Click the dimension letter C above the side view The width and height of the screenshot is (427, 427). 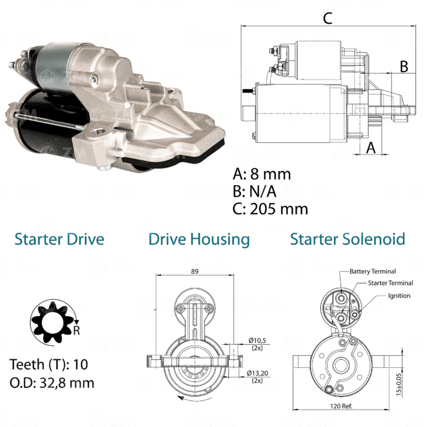[x=328, y=18]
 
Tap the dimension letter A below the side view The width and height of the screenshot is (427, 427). [x=371, y=148]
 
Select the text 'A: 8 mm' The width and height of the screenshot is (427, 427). [x=262, y=174]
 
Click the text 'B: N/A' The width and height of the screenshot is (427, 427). [x=255, y=191]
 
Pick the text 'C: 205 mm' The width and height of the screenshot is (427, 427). [x=271, y=209]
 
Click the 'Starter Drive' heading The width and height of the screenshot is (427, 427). [x=59, y=239]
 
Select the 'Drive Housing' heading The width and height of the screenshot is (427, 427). [x=199, y=240]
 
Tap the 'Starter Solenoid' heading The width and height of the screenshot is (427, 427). [x=347, y=239]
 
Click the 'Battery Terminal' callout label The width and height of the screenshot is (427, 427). [x=373, y=271]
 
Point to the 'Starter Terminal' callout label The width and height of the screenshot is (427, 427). [x=390, y=283]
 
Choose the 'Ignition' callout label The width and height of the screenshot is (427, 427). [x=399, y=296]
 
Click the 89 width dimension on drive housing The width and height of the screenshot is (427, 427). [x=195, y=271]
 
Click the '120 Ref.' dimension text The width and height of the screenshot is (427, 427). [x=341, y=406]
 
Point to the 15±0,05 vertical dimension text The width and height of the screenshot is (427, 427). [x=399, y=385]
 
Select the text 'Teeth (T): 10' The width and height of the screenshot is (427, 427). [x=49, y=365]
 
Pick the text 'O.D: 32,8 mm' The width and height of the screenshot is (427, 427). [x=52, y=383]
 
